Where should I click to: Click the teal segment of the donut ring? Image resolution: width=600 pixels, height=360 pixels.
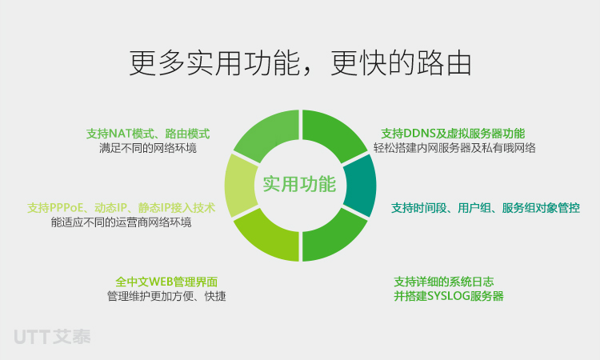(361, 186)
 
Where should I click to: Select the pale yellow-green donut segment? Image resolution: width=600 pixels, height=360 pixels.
(240, 186)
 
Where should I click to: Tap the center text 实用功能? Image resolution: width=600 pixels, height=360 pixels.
(299, 184)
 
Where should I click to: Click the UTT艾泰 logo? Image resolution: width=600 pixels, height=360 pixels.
(53, 337)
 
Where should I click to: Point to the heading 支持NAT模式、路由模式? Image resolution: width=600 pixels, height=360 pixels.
(148, 134)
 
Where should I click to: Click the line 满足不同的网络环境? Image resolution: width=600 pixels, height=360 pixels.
(148, 148)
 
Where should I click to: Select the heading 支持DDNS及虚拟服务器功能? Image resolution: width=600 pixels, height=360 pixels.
(453, 134)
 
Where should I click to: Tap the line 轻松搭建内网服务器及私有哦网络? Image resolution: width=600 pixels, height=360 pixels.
(454, 148)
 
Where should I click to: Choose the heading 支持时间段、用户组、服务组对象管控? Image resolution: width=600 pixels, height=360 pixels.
(486, 208)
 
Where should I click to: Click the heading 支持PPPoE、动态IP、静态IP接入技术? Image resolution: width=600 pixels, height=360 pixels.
(122, 208)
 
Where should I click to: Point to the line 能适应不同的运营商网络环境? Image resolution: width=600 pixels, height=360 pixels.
(122, 222)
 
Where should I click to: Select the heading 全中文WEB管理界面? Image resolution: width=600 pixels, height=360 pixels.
(166, 282)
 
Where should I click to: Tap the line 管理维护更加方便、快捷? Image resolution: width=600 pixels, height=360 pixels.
(166, 296)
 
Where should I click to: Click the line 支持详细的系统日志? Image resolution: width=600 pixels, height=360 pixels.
(444, 282)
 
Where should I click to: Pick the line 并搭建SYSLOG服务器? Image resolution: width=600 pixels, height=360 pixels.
(449, 296)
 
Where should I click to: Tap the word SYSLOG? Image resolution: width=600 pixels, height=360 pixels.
(449, 296)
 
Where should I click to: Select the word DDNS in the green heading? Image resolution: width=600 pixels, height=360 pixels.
(420, 134)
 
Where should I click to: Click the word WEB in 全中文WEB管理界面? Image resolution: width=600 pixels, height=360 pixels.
(161, 282)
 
